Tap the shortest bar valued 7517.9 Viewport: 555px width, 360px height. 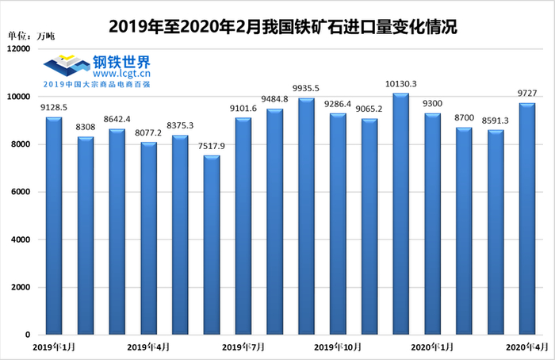[212, 245]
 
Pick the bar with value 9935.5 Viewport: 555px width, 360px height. [306, 216]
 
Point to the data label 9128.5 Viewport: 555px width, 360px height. [52, 109]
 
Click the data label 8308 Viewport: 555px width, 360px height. [85, 128]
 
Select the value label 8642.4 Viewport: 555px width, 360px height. [117, 121]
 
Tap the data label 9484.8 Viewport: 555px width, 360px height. [275, 100]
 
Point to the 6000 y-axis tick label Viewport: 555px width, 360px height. [19, 192]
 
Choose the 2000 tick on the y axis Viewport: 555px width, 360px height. [19, 288]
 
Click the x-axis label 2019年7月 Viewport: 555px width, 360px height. [243, 347]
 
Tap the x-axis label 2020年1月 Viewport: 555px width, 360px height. [432, 347]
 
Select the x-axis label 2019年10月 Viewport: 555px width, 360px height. [337, 347]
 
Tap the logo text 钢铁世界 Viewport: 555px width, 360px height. [121, 61]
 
